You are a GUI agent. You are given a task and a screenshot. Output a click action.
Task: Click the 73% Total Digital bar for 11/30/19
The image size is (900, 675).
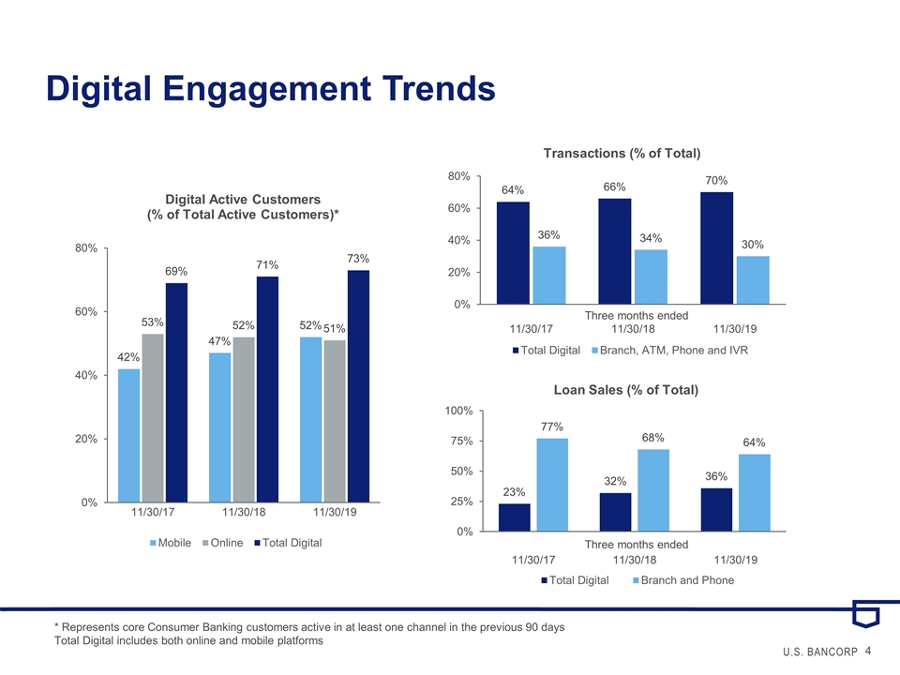pyautogui.click(x=358, y=386)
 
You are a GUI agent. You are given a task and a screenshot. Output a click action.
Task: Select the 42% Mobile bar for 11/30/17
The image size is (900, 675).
pyautogui.click(x=128, y=436)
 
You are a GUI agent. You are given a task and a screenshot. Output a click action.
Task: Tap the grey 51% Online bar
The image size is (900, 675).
pyautogui.click(x=335, y=421)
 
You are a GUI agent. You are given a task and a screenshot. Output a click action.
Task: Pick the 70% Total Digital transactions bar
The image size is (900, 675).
pyautogui.click(x=716, y=247)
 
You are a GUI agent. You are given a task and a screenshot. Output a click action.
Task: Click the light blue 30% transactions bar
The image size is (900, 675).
pyautogui.click(x=753, y=280)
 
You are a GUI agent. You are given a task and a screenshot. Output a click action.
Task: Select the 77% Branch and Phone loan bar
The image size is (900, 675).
pyautogui.click(x=552, y=485)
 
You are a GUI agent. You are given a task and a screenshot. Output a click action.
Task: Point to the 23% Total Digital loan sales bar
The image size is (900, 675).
pyautogui.click(x=515, y=517)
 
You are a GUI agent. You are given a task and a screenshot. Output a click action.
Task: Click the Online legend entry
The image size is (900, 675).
pyautogui.click(x=223, y=543)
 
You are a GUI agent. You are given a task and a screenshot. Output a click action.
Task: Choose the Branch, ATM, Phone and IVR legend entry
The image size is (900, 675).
pyautogui.click(x=669, y=350)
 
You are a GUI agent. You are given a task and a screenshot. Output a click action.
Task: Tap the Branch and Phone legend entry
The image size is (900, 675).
pyautogui.click(x=683, y=580)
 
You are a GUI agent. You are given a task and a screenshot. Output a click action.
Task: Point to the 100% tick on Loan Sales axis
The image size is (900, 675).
pyautogui.click(x=459, y=411)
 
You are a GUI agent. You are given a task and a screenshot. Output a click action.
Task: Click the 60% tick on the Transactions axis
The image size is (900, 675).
pyautogui.click(x=459, y=208)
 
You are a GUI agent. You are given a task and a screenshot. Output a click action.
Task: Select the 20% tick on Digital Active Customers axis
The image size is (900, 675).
pyautogui.click(x=86, y=439)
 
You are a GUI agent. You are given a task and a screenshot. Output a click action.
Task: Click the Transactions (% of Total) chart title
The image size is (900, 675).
pyautogui.click(x=622, y=153)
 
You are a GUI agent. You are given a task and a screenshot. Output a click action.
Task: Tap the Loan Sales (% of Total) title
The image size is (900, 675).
pyautogui.click(x=625, y=390)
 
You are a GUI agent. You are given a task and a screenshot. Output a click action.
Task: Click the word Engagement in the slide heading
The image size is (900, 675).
pyautogui.click(x=267, y=89)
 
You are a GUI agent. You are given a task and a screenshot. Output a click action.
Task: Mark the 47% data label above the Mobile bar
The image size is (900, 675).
pyautogui.click(x=219, y=341)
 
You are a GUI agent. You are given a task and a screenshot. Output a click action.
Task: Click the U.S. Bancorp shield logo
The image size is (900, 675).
pyautogui.click(x=865, y=613)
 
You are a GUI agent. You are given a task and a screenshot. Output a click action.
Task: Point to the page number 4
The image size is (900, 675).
pyautogui.click(x=868, y=651)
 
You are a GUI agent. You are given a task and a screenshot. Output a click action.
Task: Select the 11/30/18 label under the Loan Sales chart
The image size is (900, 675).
pyautogui.click(x=635, y=560)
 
